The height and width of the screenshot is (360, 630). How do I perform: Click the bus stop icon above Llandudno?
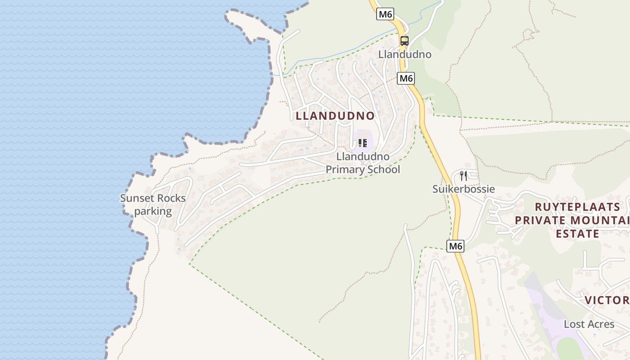(x=404, y=41)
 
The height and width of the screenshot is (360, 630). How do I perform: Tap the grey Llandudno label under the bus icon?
(x=405, y=54)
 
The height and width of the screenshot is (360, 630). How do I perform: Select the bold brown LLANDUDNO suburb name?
(x=335, y=116)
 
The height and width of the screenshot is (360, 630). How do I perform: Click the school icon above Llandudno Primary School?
(x=363, y=143)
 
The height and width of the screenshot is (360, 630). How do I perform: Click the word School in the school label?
(x=383, y=170)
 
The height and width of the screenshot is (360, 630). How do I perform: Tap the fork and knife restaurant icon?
(x=463, y=176)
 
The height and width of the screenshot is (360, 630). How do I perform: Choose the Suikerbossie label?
(x=463, y=189)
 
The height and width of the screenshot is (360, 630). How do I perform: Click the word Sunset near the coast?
(x=137, y=198)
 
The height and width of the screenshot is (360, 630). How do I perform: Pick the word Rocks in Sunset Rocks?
(x=171, y=198)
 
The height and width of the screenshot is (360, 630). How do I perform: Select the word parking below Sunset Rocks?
(x=153, y=211)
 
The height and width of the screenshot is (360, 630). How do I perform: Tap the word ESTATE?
(x=577, y=234)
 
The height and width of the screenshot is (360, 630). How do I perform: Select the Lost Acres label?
(x=589, y=324)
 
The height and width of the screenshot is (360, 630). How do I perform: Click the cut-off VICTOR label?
(x=607, y=300)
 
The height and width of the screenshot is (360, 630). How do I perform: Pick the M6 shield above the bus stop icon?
(x=386, y=14)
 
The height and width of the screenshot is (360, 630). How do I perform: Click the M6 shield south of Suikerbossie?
(x=455, y=246)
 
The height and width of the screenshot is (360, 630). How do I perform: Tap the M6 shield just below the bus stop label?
(x=406, y=78)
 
